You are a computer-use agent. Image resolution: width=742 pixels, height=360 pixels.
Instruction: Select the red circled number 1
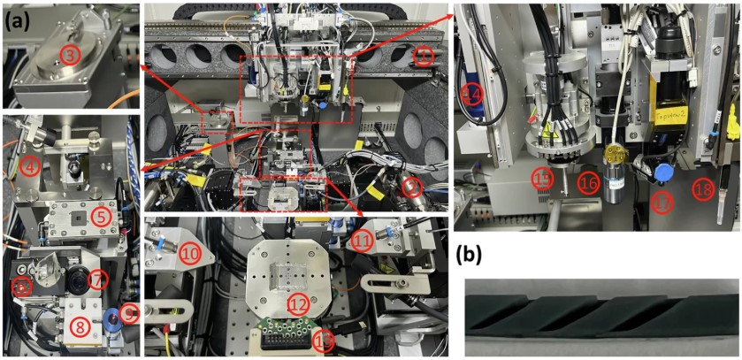click(x=425, y=58)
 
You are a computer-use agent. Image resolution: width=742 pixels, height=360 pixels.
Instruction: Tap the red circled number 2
click(x=409, y=187)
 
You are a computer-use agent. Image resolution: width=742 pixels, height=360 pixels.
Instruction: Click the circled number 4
click(x=30, y=165)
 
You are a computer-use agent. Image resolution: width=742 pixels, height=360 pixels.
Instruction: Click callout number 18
click(x=704, y=188)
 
